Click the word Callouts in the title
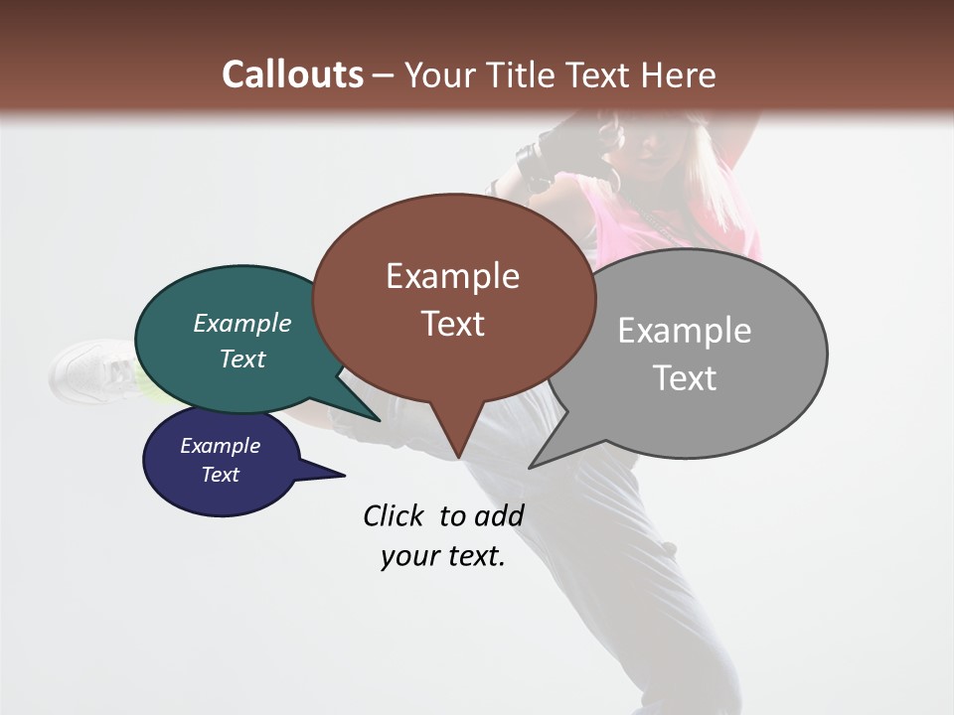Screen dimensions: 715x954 point(292,74)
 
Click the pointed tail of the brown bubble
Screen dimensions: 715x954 point(457,452)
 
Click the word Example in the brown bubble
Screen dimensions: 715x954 point(452,276)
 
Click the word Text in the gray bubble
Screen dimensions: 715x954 point(685,378)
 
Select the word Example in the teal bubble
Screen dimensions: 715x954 point(242,323)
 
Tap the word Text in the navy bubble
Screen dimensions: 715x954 point(221,475)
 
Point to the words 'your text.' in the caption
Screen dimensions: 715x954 point(443,556)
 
